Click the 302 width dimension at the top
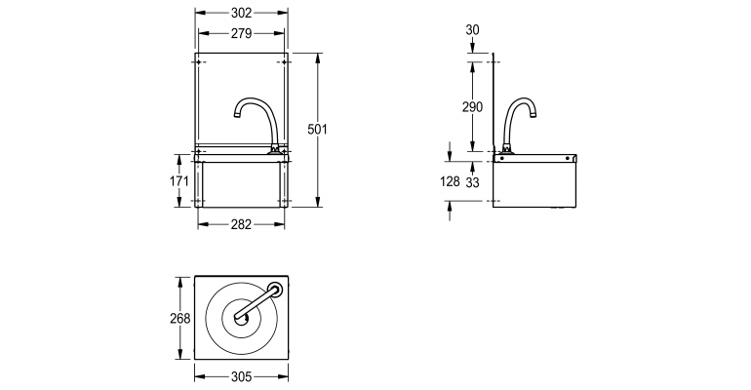[241, 14]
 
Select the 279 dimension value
[241, 33]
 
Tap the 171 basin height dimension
[178, 180]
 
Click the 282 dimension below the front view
[241, 224]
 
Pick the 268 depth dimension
[178, 318]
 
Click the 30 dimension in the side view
[472, 30]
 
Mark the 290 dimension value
[472, 107]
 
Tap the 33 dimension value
[472, 181]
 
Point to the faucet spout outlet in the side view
[535, 115]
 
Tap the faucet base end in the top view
[276, 289]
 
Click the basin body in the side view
[534, 185]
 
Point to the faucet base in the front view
[276, 148]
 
